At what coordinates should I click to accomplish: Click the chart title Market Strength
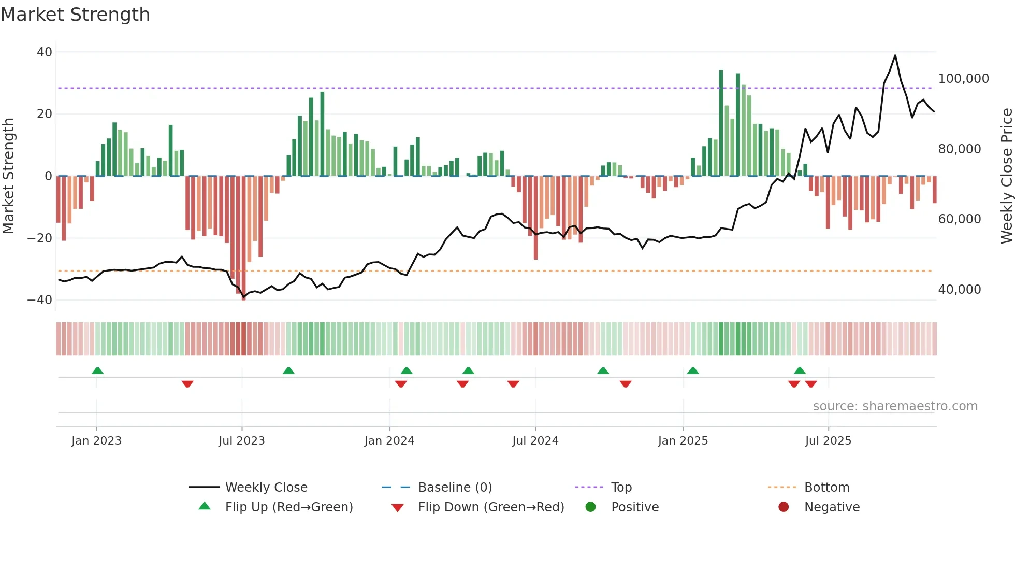(75, 15)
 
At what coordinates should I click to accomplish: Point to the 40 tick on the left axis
(45, 52)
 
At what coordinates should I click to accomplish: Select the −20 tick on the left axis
(40, 238)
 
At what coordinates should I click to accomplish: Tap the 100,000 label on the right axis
(963, 79)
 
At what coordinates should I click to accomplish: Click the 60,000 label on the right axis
(959, 219)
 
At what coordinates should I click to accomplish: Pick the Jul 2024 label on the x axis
(535, 441)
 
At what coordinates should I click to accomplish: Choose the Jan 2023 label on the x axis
(96, 441)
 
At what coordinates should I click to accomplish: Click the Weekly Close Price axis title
(1006, 176)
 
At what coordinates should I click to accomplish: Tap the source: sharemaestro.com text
(895, 406)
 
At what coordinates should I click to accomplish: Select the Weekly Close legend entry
(266, 488)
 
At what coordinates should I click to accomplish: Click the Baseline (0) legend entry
(455, 488)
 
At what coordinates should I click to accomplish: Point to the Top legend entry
(621, 488)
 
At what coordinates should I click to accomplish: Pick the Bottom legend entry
(827, 488)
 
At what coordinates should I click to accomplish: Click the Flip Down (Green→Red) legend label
(491, 507)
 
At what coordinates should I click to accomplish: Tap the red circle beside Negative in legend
(784, 507)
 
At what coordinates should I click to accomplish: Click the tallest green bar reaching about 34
(721, 123)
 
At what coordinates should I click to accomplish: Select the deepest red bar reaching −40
(243, 238)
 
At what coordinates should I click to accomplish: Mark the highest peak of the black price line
(895, 55)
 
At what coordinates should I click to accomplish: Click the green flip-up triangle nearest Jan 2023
(97, 370)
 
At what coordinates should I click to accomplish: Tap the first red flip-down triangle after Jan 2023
(187, 384)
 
